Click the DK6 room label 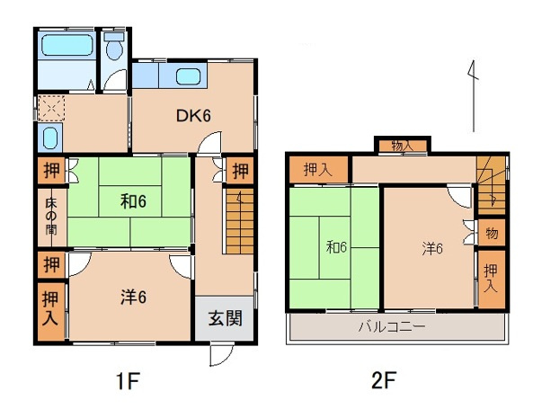point(193,116)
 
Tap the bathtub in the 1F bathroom point(67,45)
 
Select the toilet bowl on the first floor point(114,47)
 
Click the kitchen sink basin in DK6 point(188,76)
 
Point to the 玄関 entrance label point(225,319)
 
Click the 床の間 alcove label point(51,217)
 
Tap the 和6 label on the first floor point(133,202)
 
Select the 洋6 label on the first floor point(133,297)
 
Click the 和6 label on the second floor point(336,247)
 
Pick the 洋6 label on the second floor point(432,248)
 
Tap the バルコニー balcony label point(392,327)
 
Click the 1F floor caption point(128,381)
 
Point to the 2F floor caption point(384,380)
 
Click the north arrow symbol point(474,96)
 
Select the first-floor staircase point(240,221)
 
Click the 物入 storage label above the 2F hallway point(403,147)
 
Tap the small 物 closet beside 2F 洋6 point(492,233)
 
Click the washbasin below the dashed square point(49,138)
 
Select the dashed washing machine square point(51,109)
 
